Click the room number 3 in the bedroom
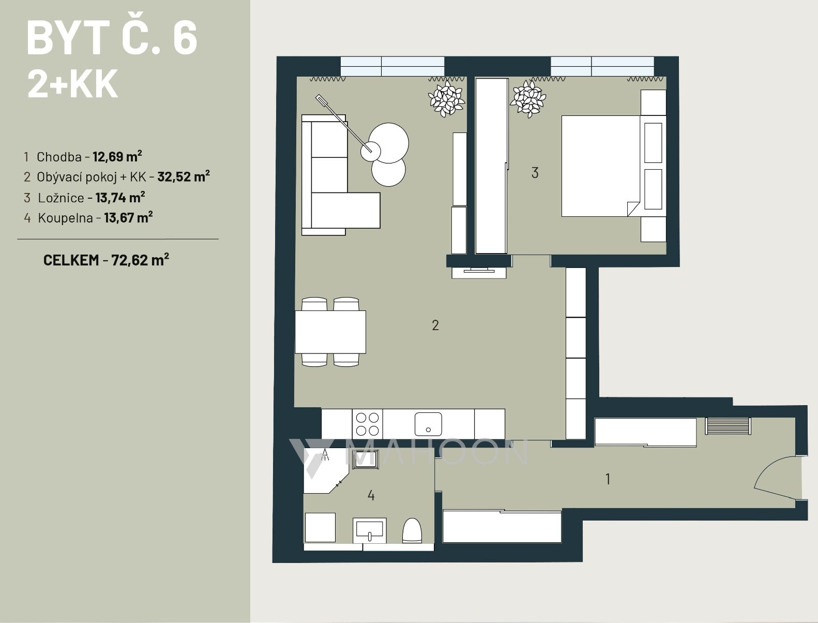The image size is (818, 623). pyautogui.click(x=535, y=173)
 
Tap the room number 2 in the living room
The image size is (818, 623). pyautogui.click(x=435, y=325)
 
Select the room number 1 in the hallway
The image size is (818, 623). pyautogui.click(x=608, y=479)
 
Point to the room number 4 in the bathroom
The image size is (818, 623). pyautogui.click(x=371, y=496)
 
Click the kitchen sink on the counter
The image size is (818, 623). pyautogui.click(x=428, y=424)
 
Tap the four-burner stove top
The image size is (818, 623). pyautogui.click(x=368, y=424)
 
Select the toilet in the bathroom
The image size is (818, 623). pyautogui.click(x=412, y=530)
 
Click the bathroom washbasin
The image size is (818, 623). pyautogui.click(x=369, y=530)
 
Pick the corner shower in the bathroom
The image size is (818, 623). pyautogui.click(x=326, y=470)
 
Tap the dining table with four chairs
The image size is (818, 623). pyautogui.click(x=330, y=332)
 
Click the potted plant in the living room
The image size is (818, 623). pyautogui.click(x=446, y=99)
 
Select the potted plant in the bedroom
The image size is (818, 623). pyautogui.click(x=528, y=99)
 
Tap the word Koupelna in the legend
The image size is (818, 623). pyautogui.click(x=65, y=218)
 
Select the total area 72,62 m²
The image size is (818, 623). pyautogui.click(x=140, y=260)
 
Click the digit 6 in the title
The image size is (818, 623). pyautogui.click(x=185, y=38)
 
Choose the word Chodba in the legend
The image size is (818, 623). pyautogui.click(x=59, y=157)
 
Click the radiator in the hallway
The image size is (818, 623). pyautogui.click(x=728, y=426)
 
